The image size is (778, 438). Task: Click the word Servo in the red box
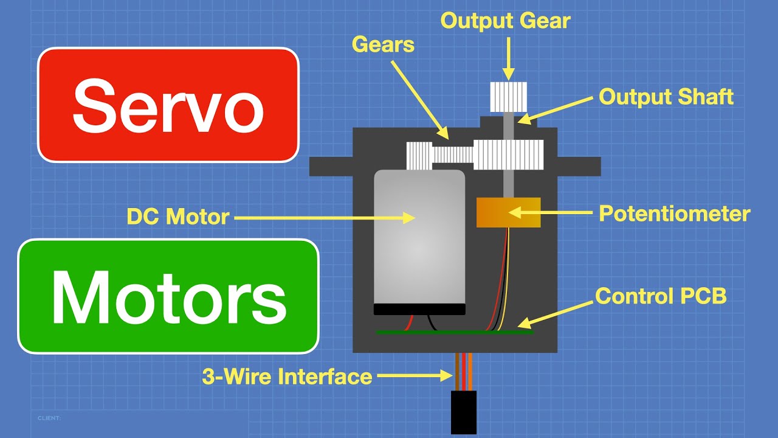tap(168, 105)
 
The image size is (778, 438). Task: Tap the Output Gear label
tap(505, 21)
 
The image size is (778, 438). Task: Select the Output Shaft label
tap(666, 97)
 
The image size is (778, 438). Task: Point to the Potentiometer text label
tap(675, 214)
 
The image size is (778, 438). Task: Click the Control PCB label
tap(661, 296)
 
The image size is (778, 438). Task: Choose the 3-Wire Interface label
tap(287, 377)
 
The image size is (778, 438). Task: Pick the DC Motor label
tap(178, 217)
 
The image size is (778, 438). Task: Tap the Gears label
tap(383, 44)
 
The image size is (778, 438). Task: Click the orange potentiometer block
tap(508, 212)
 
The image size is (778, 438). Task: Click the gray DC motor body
tap(419, 237)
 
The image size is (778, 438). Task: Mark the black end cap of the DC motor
tap(419, 309)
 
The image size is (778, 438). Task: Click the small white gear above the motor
tap(419, 156)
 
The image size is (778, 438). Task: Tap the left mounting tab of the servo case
tap(331, 166)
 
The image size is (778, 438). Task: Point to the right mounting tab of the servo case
tap(579, 166)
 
